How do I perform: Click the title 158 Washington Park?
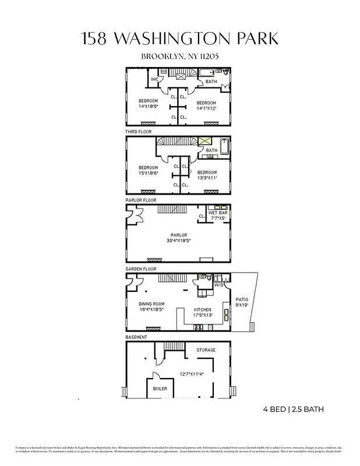pyautogui.click(x=180, y=39)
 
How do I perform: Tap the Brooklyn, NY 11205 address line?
pyautogui.click(x=180, y=57)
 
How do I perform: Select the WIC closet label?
pyautogui.click(x=155, y=79)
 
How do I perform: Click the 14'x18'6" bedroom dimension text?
pyautogui.click(x=148, y=107)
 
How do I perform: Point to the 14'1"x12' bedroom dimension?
pyautogui.click(x=206, y=108)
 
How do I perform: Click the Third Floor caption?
pyautogui.click(x=139, y=132)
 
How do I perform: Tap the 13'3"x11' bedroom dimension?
pyautogui.click(x=207, y=178)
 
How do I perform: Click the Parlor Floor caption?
pyautogui.click(x=141, y=200)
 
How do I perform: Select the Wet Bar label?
pyautogui.click(x=217, y=213)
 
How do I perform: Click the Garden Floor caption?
pyautogui.click(x=142, y=269)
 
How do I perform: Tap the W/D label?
pyautogui.click(x=219, y=285)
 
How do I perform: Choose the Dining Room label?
pyautogui.click(x=151, y=304)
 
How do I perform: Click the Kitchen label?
pyautogui.click(x=202, y=310)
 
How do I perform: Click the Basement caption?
pyautogui.click(x=136, y=337)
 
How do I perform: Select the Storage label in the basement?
pyautogui.click(x=206, y=350)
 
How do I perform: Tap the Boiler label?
pyautogui.click(x=160, y=388)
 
